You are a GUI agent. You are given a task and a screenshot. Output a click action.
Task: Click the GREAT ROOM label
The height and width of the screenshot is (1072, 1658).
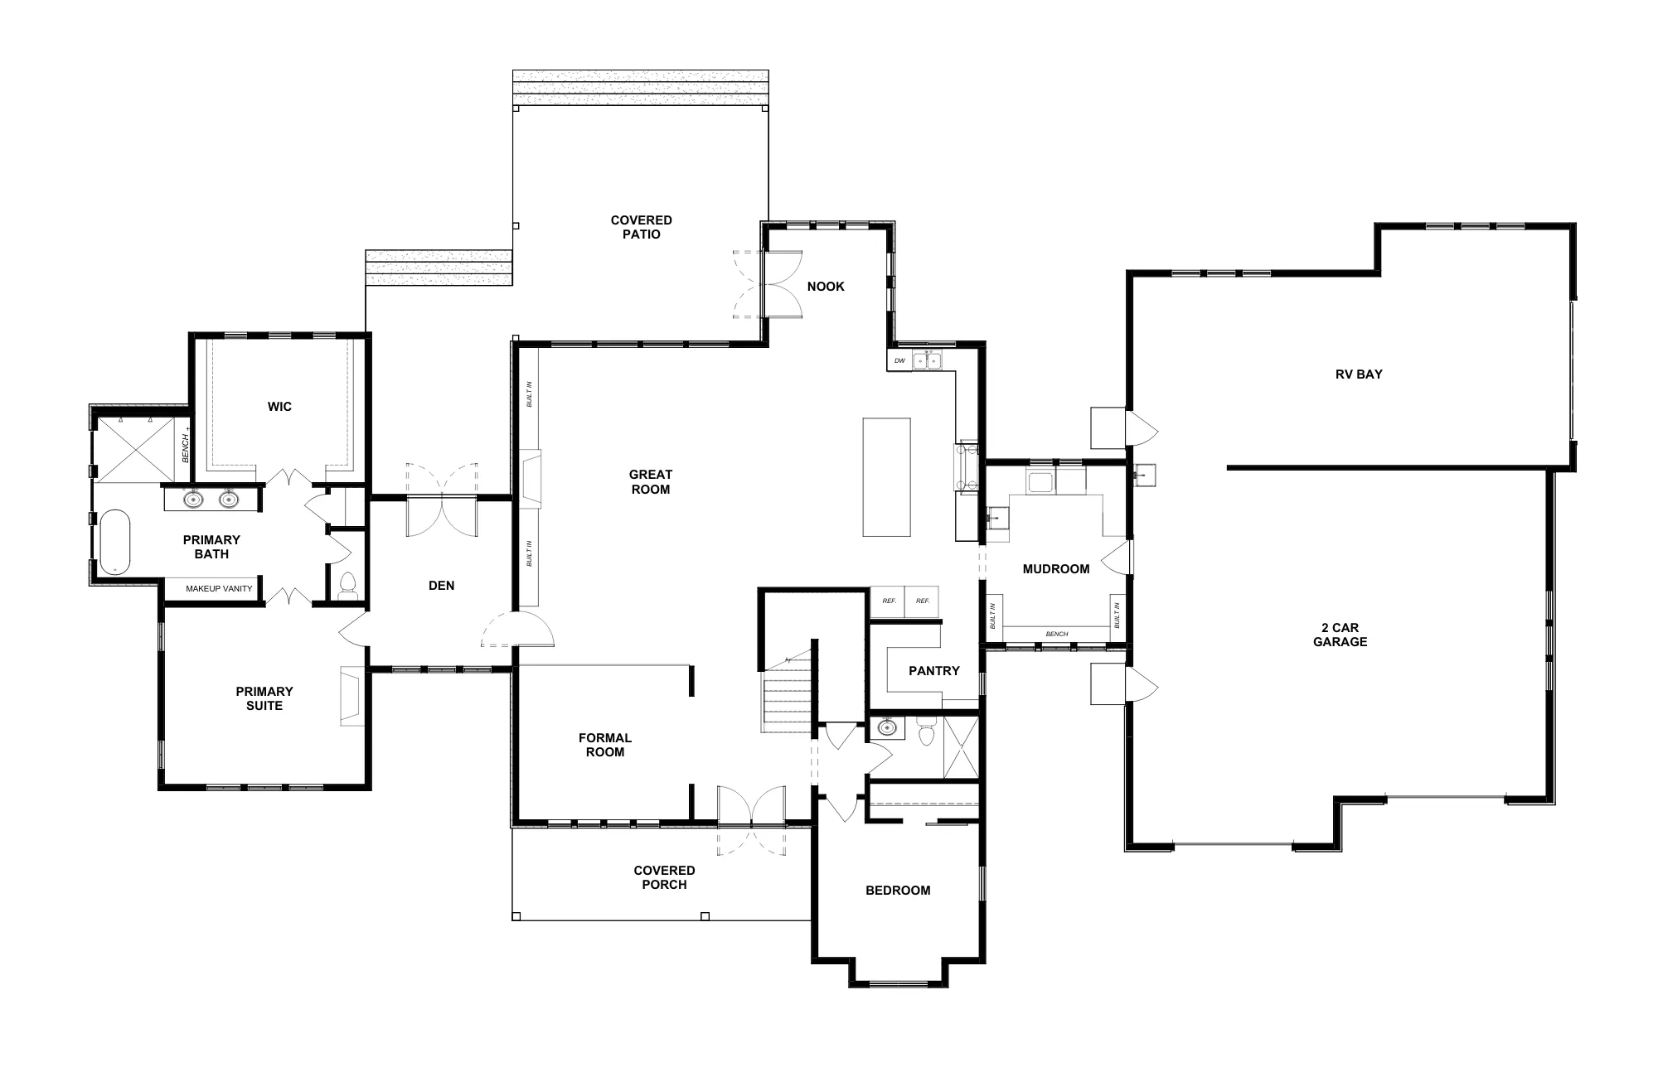click(651, 482)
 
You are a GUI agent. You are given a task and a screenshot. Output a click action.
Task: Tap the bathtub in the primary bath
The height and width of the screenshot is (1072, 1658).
click(115, 543)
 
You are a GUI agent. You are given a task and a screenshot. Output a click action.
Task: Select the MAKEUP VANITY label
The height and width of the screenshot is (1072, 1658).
click(219, 589)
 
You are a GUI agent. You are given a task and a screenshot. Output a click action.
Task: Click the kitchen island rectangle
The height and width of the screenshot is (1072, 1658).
click(886, 477)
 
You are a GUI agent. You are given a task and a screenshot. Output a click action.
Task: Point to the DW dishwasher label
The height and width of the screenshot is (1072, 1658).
click(899, 361)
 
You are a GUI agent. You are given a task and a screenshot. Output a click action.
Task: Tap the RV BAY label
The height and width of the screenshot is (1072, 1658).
click(1359, 374)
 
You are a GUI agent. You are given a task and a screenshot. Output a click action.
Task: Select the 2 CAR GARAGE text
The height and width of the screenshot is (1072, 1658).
click(1340, 635)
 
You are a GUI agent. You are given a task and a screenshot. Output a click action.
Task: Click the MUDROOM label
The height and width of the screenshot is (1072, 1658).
click(1056, 569)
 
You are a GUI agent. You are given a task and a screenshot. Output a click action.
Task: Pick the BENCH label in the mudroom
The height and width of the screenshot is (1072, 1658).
click(1057, 635)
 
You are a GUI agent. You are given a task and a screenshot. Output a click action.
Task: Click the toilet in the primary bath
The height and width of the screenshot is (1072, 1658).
click(348, 585)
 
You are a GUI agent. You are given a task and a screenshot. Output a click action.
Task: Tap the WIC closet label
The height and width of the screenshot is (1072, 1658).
click(279, 407)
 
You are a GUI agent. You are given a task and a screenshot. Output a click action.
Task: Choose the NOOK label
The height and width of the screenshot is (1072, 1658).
click(826, 287)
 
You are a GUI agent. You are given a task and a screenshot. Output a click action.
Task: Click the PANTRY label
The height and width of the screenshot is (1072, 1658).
click(934, 671)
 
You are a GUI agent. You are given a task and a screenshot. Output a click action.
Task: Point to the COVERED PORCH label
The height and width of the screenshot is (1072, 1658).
click(664, 877)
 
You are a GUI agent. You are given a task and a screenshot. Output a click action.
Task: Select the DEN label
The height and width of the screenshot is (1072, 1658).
click(441, 586)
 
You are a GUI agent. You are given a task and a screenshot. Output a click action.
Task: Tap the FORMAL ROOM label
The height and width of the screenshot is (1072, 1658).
click(605, 745)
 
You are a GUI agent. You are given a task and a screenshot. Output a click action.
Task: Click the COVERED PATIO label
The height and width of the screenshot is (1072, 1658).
click(641, 227)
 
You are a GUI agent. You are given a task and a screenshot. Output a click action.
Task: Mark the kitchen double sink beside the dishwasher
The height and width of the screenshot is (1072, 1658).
click(927, 360)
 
